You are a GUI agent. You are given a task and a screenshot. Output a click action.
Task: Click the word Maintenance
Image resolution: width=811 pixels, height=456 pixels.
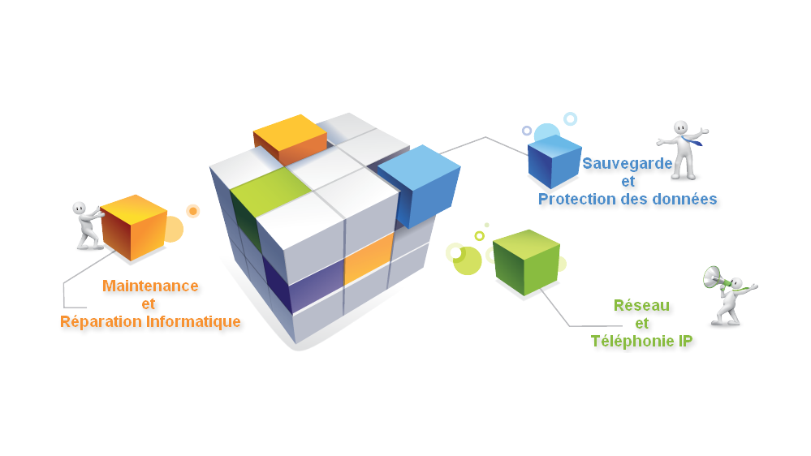[150, 286]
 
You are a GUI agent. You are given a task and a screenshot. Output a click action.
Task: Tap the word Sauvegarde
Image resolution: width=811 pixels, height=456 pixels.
[627, 163]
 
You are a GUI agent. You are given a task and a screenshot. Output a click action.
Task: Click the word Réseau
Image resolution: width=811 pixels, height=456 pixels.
[641, 305]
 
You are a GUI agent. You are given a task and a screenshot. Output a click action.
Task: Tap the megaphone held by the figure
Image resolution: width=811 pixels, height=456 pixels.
[714, 277]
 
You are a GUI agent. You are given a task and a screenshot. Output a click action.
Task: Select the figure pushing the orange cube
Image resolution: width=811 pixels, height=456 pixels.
[86, 226]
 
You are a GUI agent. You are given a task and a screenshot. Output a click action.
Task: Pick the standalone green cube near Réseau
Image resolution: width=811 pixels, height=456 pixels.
[526, 261]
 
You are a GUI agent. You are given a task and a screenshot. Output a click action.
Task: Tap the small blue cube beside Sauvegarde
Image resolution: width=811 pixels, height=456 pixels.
[554, 161]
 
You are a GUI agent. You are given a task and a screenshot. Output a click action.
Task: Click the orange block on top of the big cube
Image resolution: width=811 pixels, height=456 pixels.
[290, 138]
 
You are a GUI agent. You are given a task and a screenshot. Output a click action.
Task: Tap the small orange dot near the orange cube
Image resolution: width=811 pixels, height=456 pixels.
[193, 211]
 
